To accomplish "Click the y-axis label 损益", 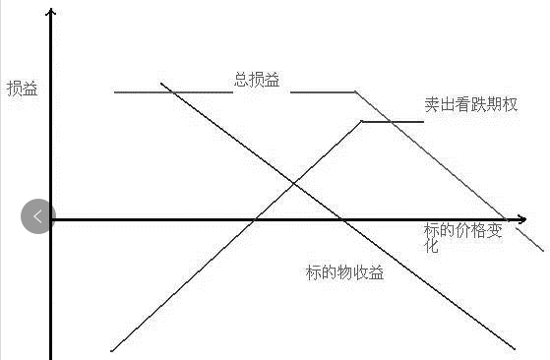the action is [22, 89].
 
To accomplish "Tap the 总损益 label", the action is [257, 80].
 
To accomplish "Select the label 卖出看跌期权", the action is [470, 104].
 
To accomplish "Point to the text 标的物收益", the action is [344, 272].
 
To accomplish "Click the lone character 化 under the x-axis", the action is [431, 246].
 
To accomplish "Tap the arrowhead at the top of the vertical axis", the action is [51, 12].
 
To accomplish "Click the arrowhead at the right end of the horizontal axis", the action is [522, 219].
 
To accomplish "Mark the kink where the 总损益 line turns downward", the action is [355, 91].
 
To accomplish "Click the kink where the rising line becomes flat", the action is [362, 121].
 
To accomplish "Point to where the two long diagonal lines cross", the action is [294, 183].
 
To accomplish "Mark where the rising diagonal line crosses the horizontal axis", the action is [255, 219].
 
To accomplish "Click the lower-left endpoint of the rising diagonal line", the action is [111, 350].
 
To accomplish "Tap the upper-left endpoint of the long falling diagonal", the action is [160, 84].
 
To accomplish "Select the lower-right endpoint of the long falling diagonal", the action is [515, 349].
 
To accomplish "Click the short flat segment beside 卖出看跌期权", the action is [393, 122].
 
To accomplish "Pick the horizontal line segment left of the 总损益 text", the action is [173, 92].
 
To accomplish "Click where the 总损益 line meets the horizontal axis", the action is [506, 219].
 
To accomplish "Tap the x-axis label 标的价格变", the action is [463, 230].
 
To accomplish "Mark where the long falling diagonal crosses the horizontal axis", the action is [342, 219].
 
